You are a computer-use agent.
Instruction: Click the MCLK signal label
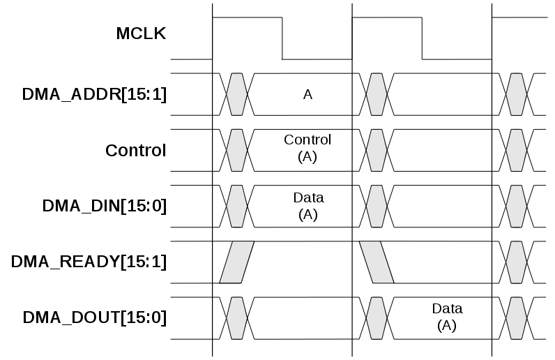pyautogui.click(x=141, y=33)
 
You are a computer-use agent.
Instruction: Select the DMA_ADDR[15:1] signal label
pyautogui.click(x=95, y=94)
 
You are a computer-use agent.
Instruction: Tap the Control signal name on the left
pyautogui.click(x=135, y=150)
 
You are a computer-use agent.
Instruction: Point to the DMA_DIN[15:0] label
pyautogui.click(x=105, y=206)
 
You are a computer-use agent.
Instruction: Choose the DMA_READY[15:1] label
pyautogui.click(x=89, y=262)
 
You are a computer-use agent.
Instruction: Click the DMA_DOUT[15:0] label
pyautogui.click(x=95, y=317)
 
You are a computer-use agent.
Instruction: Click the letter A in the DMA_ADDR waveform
pyautogui.click(x=307, y=94)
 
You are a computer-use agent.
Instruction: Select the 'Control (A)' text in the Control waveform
pyautogui.click(x=307, y=148)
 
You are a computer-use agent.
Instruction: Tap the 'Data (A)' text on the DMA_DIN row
pyautogui.click(x=307, y=206)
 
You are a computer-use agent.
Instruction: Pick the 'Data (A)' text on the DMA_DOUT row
pyautogui.click(x=447, y=316)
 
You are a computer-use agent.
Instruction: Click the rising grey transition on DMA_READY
pyautogui.click(x=237, y=262)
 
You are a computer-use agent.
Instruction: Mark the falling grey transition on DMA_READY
pyautogui.click(x=377, y=262)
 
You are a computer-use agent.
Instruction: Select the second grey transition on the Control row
pyautogui.click(x=377, y=150)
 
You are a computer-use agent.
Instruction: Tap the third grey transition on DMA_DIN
pyautogui.click(x=516, y=206)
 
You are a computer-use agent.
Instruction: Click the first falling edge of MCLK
pyautogui.click(x=282, y=38)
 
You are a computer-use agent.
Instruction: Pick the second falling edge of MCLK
pyautogui.click(x=422, y=38)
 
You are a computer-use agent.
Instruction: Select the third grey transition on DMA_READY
pyautogui.click(x=516, y=262)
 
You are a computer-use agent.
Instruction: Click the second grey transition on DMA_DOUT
pyautogui.click(x=377, y=317)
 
